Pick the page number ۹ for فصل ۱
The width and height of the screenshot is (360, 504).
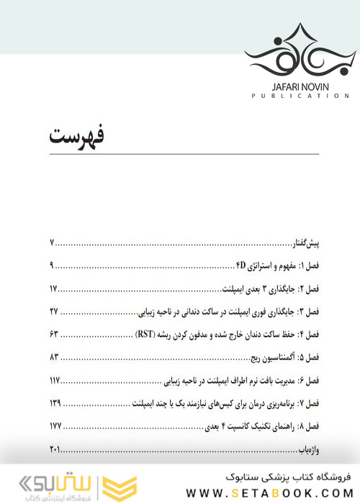coord(53,266)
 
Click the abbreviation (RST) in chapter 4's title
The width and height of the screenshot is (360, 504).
coord(147,335)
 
